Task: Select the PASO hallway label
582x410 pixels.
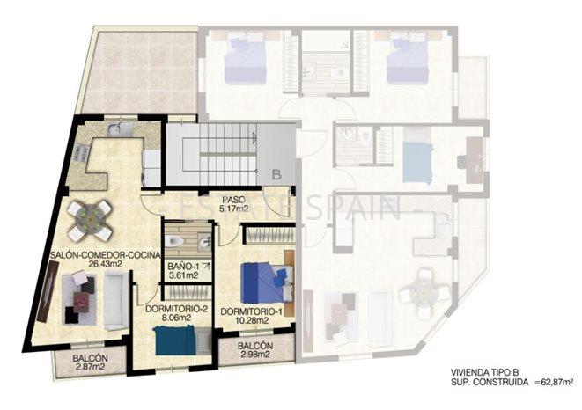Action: coord(232,200)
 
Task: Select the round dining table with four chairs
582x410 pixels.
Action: coord(91,219)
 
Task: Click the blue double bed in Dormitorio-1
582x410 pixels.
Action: coord(265,282)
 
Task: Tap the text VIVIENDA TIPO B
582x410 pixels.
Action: coord(468,372)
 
